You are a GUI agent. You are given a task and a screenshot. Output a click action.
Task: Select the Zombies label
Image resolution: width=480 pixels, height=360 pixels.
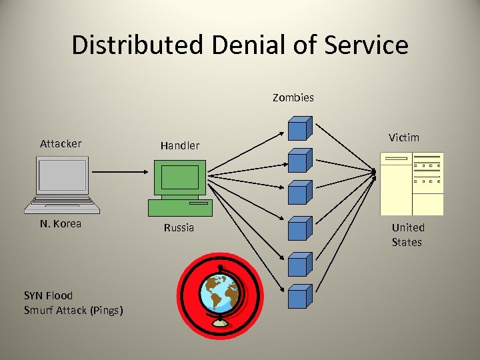(x=293, y=97)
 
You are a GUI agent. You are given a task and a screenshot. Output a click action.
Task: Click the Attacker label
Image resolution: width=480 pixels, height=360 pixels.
(x=61, y=143)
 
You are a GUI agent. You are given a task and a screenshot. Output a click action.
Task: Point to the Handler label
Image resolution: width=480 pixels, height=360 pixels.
(x=179, y=145)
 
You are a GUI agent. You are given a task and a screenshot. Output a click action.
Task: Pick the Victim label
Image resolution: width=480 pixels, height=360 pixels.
(x=404, y=137)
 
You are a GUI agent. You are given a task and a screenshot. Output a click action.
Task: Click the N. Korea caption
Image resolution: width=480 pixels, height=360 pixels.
(x=61, y=223)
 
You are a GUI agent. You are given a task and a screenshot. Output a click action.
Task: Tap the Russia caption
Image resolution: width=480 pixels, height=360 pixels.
(x=179, y=227)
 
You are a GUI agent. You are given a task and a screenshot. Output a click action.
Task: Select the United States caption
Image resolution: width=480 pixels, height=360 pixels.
(x=407, y=235)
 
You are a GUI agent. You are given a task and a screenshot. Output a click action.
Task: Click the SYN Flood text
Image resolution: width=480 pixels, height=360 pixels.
(x=48, y=295)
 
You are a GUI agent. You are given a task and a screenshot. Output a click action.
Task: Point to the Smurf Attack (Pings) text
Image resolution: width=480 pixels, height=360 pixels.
(x=73, y=310)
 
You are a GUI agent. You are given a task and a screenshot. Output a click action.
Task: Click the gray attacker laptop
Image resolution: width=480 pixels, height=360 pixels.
(x=62, y=184)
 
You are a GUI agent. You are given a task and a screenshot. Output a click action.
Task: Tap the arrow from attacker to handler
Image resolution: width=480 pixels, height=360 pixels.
(x=121, y=172)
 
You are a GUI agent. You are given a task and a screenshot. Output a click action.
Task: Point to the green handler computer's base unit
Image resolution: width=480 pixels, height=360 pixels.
(x=180, y=207)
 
